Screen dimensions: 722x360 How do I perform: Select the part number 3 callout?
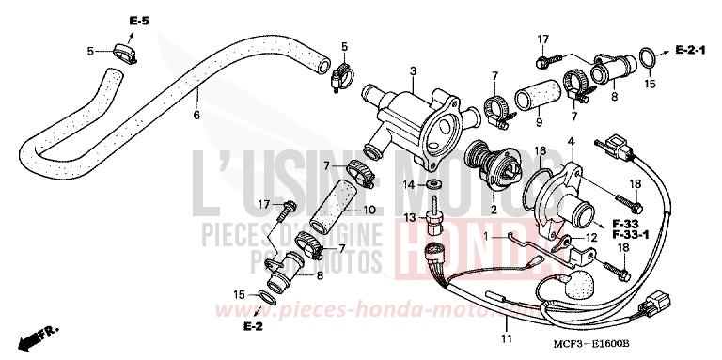[412, 72]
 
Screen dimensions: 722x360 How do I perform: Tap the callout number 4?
[570, 141]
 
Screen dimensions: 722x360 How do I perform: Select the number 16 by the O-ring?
[540, 150]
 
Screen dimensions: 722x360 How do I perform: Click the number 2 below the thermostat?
[493, 211]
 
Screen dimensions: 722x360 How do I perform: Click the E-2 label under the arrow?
[252, 327]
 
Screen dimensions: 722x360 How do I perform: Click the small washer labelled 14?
[440, 184]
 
